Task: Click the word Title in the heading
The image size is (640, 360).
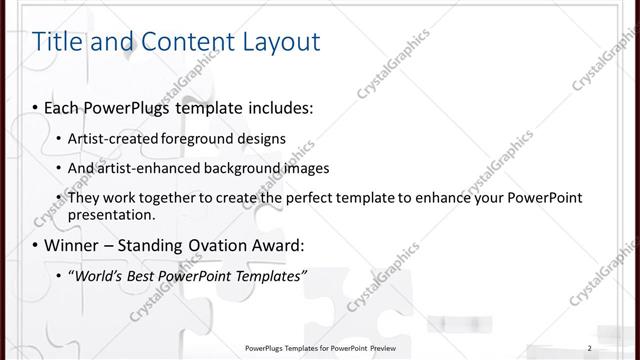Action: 56,42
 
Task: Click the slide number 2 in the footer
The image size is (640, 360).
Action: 590,348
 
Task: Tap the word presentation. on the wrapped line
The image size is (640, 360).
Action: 111,214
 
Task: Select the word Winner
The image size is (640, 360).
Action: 73,245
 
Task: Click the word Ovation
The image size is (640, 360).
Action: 205,245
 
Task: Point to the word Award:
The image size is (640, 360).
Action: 272,245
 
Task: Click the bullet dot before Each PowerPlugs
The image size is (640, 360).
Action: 35,105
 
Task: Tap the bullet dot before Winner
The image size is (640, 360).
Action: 35,245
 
